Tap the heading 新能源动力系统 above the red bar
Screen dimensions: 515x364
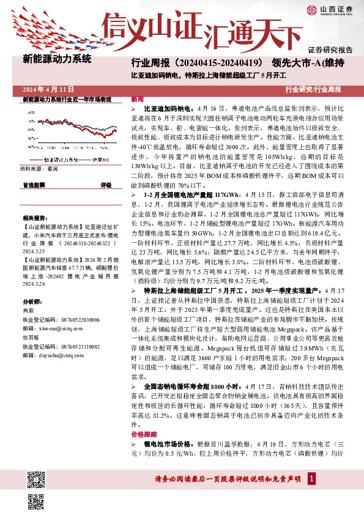(x=56, y=59)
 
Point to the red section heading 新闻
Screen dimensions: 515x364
(x=138, y=99)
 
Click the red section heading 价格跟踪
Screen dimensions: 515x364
(x=143, y=433)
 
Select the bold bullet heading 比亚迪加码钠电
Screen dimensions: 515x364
(x=168, y=107)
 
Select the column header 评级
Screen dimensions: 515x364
(x=106, y=184)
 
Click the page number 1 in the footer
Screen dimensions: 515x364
(x=312, y=478)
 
